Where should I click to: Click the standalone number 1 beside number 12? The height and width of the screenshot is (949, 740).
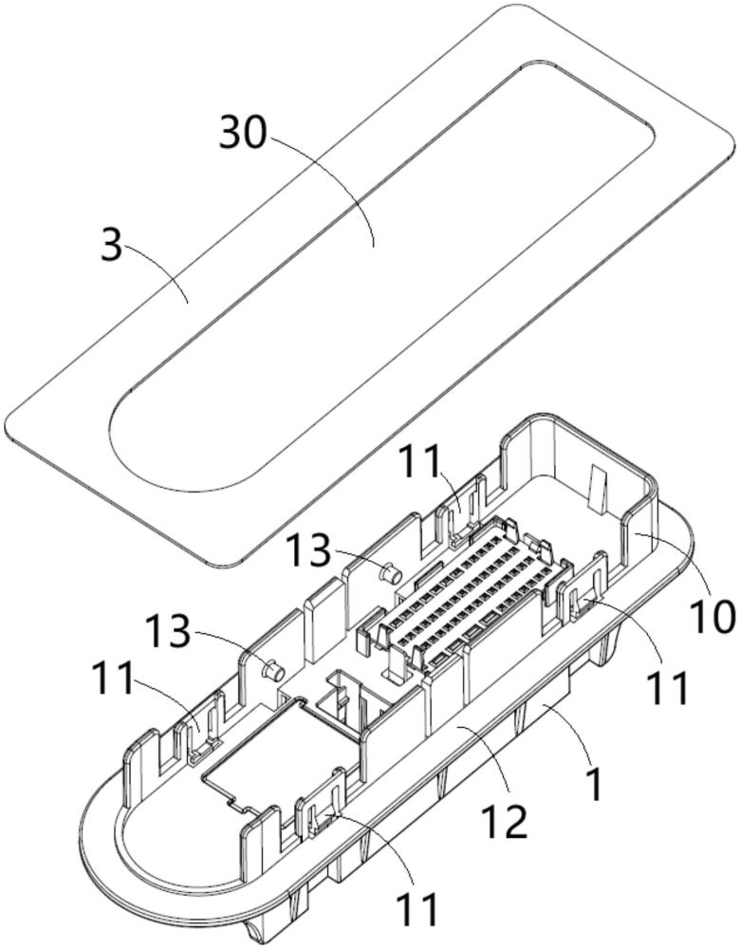click(596, 784)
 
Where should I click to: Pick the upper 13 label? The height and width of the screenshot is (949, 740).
click(308, 551)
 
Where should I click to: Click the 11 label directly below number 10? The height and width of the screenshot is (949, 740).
click(666, 687)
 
